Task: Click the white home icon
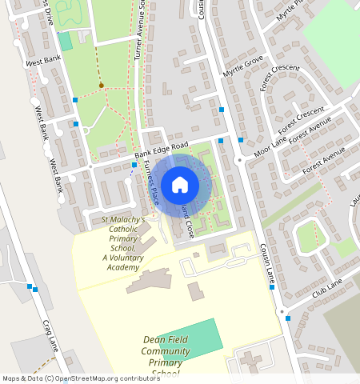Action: [x=180, y=185]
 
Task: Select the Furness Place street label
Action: [x=150, y=185]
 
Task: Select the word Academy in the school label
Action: [x=122, y=267]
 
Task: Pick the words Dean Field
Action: [x=165, y=340]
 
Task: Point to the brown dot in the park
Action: [x=101, y=85]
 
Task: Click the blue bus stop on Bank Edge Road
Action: [x=134, y=165]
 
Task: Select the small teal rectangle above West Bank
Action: [x=65, y=41]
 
